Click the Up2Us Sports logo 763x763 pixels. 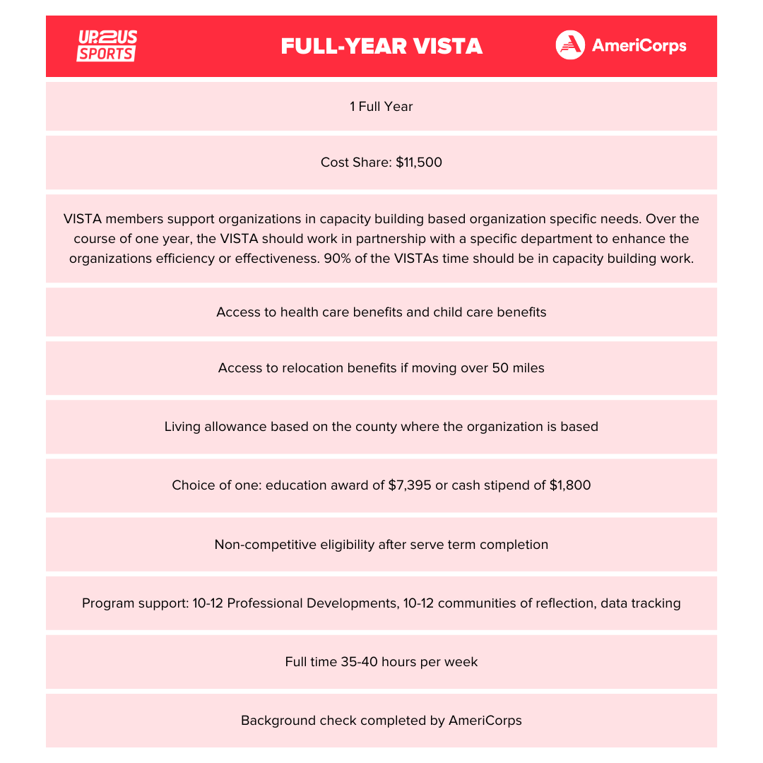point(107,46)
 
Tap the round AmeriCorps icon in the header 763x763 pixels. point(570,45)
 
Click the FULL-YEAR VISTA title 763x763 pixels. point(381,46)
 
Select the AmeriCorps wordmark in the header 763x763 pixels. point(639,46)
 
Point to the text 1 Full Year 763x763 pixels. point(381,107)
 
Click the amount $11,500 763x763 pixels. point(419,162)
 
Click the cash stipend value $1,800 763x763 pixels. point(570,486)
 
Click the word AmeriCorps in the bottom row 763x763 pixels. point(485,721)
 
